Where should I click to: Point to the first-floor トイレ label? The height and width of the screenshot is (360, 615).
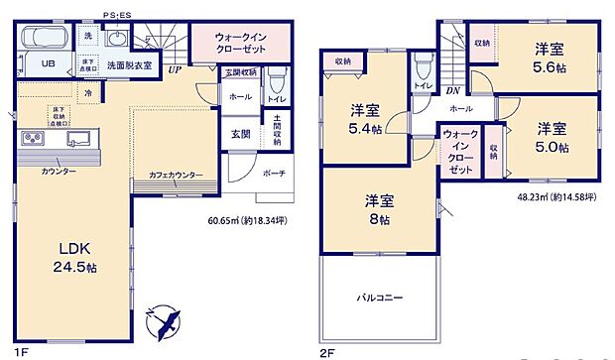pyautogui.click(x=276, y=100)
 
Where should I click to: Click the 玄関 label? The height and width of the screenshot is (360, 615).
pyautogui.click(x=241, y=135)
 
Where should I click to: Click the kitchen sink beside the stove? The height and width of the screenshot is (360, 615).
pyautogui.click(x=80, y=138)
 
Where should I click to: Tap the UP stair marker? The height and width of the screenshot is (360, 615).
pyautogui.click(x=174, y=70)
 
